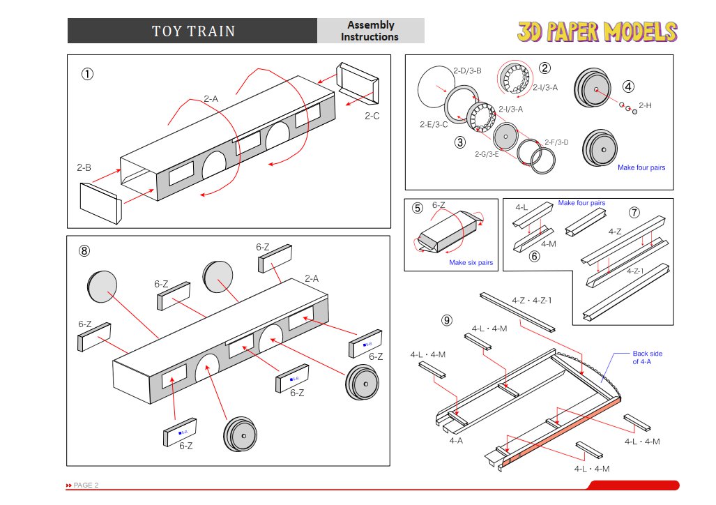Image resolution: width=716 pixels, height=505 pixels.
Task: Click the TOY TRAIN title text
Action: pos(193,31)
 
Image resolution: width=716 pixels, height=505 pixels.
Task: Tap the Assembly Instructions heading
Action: pos(370,31)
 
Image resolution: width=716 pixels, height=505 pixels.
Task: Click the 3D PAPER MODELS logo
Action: pos(597,31)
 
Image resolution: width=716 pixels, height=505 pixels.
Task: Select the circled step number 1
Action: pos(87,74)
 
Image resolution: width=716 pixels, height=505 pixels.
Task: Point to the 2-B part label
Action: pos(84,168)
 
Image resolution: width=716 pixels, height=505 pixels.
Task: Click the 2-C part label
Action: pos(372,116)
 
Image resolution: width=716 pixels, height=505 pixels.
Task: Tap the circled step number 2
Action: pos(544,68)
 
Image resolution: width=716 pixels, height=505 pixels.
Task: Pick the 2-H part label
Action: pos(645,105)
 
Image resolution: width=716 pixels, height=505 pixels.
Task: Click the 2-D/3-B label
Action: pos(467,70)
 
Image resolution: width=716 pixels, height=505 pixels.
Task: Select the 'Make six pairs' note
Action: pos(471,263)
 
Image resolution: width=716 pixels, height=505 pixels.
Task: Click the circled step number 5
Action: pos(417,208)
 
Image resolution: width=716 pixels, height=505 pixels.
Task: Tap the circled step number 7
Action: pos(633,211)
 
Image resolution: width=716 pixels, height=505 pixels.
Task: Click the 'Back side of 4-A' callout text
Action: pos(647,357)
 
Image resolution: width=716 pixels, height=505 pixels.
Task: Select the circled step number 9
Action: pos(446,320)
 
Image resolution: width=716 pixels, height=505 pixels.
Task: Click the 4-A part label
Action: pos(457,440)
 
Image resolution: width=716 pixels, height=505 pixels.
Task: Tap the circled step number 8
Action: pos(84,251)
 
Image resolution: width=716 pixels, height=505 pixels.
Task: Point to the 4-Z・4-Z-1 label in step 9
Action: pos(531,301)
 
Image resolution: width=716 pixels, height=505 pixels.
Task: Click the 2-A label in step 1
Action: pos(211,99)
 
